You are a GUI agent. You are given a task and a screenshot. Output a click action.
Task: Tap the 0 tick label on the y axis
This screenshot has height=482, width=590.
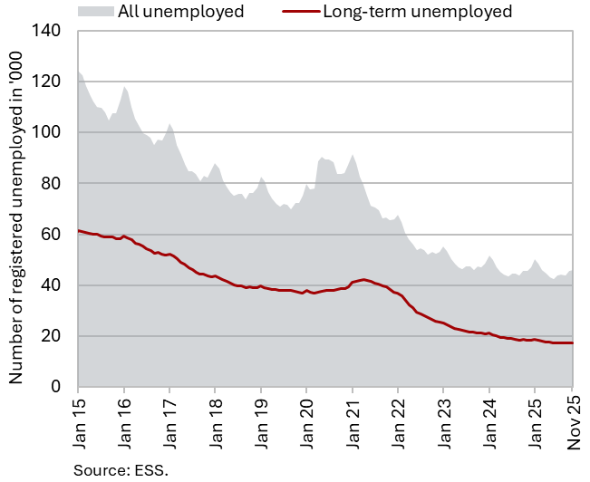pyautogui.click(x=56, y=387)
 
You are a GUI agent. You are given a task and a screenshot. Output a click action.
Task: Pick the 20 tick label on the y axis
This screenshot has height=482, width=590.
pyautogui.click(x=52, y=336)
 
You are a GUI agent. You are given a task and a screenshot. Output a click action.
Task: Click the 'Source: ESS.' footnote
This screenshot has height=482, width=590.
pyautogui.click(x=121, y=468)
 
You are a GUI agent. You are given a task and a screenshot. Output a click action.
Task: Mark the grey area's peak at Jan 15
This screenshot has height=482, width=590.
pyautogui.click(x=79, y=72)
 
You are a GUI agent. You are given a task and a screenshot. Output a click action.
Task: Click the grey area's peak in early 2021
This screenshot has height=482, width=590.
pyautogui.click(x=353, y=155)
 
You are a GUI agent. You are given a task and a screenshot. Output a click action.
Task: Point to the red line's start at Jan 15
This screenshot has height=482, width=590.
pyautogui.click(x=79, y=230)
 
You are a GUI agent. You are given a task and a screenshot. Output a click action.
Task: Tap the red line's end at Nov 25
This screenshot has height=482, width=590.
pyautogui.click(x=572, y=342)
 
